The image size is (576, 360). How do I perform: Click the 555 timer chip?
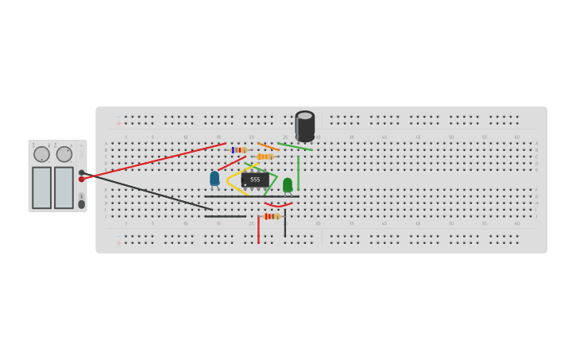coord(255,180)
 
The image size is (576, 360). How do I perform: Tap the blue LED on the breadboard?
coord(215,178)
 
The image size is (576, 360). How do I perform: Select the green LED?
coord(288,184)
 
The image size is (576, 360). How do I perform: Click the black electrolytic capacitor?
coord(305,126)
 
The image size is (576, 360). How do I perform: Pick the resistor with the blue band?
coord(238,149)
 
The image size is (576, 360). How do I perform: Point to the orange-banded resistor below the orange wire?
coord(265,157)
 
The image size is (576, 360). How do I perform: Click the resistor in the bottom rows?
coord(272,216)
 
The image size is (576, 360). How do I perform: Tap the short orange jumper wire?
coord(268,146)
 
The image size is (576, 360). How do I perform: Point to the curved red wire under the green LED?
coord(278,206)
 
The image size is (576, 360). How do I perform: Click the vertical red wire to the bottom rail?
coord(258,229)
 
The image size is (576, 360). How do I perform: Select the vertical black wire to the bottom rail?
coord(285,226)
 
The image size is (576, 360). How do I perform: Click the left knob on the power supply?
coord(41,154)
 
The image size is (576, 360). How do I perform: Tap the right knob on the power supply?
coord(64,154)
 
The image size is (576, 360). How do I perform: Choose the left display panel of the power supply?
coord(41,188)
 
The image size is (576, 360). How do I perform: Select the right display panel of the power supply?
coord(64,188)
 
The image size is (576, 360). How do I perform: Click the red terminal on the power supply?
coord(82,179)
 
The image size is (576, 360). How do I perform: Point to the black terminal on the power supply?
coord(81,172)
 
